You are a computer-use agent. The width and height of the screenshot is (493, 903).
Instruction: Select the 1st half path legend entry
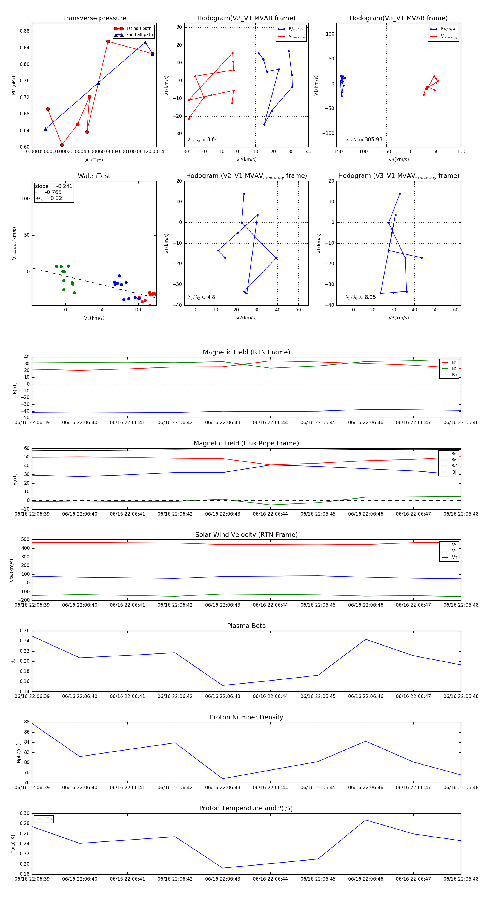[x=139, y=28]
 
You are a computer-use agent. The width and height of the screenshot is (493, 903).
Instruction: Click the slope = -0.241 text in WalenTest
[x=54, y=186]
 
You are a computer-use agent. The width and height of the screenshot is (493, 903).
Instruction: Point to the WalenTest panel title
[x=94, y=176]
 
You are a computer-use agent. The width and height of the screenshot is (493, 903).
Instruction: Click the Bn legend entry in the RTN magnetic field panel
[x=454, y=375]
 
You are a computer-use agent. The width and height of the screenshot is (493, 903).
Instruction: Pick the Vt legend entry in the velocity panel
[x=454, y=551]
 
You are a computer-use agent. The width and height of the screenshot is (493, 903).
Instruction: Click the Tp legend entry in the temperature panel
[x=49, y=819]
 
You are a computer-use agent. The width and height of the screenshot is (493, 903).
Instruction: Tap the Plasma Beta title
[x=246, y=626]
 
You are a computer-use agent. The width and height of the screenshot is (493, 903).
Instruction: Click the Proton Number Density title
[x=246, y=717]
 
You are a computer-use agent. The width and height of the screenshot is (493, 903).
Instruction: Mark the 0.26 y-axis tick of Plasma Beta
[x=25, y=631]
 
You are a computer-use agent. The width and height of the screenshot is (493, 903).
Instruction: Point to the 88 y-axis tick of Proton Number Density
[x=27, y=722]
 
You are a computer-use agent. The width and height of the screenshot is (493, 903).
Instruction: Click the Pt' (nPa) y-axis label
[x=14, y=85]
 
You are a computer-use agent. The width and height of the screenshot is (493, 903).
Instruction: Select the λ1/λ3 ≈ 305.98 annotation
[x=364, y=140]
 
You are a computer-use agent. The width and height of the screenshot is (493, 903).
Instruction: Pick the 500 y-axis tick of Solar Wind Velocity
[x=25, y=540]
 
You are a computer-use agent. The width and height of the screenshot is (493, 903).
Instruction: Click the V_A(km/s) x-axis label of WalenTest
[x=94, y=318]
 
